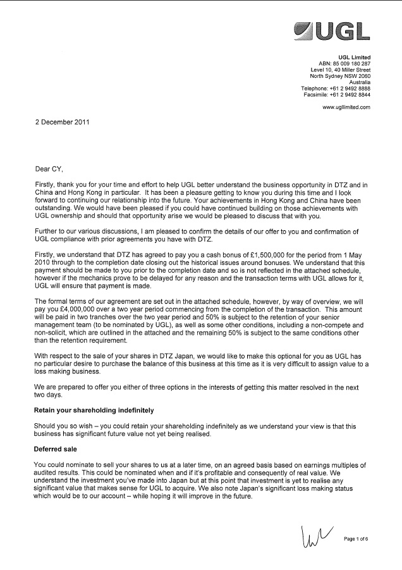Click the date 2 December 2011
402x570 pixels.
pyautogui.click(x=61, y=122)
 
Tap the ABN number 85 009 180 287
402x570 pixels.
pyautogui.click(x=348, y=63)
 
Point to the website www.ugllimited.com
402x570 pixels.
pyautogui.click(x=346, y=108)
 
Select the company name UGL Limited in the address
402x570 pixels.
pyautogui.click(x=355, y=57)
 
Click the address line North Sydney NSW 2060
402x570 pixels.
pyautogui.click(x=344, y=76)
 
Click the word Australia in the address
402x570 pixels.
pyautogui.click(x=358, y=82)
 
